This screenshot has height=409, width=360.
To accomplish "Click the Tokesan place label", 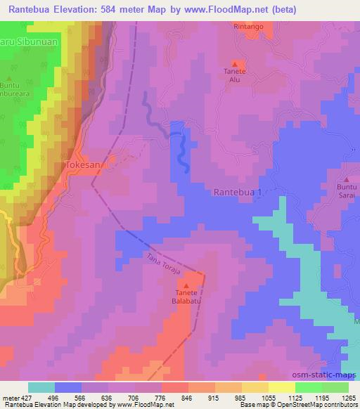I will [83, 164].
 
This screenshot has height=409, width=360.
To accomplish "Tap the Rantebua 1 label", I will [237, 192].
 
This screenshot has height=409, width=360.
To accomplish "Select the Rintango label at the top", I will [249, 27].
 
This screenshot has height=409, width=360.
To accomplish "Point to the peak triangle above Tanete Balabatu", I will [187, 285].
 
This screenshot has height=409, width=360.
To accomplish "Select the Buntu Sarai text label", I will [347, 193].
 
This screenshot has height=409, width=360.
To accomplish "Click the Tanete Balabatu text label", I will [187, 299].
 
